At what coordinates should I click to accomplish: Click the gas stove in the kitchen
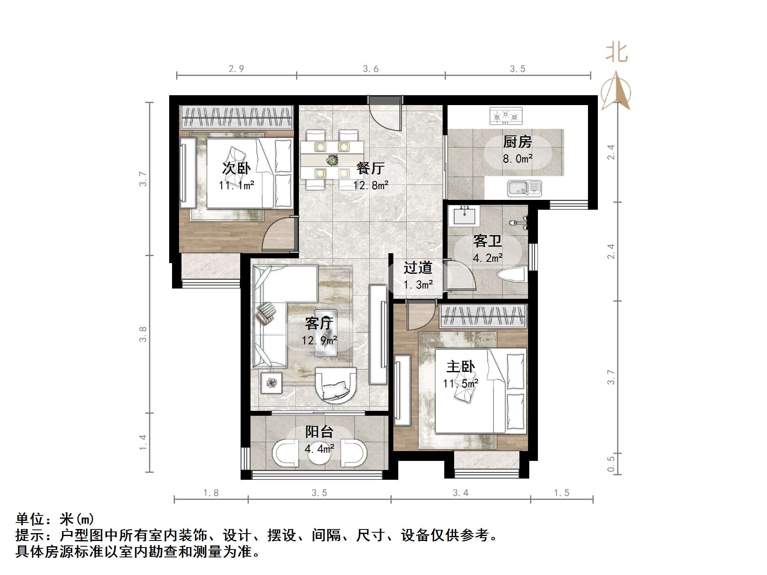click(506, 116)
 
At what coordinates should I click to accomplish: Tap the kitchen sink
click(524, 188)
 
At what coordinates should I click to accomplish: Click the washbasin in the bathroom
click(465, 216)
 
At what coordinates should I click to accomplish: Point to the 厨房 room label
click(517, 142)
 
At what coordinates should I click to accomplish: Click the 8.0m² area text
click(517, 158)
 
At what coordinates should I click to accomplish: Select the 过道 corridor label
click(418, 268)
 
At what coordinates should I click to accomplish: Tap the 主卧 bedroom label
click(461, 367)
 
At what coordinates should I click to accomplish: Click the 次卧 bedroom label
click(236, 168)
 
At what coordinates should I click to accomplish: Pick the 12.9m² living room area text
click(319, 340)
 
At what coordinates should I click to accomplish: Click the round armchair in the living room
click(335, 385)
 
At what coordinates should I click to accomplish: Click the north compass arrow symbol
click(616, 91)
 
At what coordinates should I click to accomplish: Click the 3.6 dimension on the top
click(370, 69)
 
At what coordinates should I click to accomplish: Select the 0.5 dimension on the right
click(611, 464)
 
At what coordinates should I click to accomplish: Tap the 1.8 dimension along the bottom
click(211, 493)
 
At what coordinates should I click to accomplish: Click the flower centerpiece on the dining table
click(332, 160)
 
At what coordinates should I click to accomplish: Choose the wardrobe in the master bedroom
click(482, 316)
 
